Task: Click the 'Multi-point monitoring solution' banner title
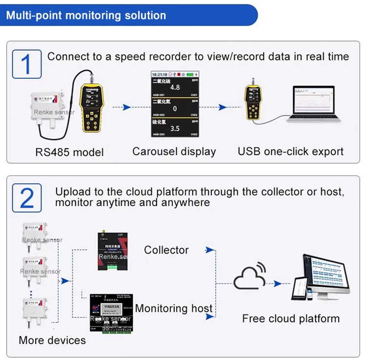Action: pos(86,15)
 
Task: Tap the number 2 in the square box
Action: pos(27,198)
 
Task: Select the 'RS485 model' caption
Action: pos(69,152)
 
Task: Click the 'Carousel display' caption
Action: pos(174,151)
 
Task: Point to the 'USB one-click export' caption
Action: pos(291,151)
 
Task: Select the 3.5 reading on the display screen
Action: pos(175,129)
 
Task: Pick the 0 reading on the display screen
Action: pos(175,109)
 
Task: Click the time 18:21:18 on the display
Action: pos(161,74)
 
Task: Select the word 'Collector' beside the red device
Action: pos(166,250)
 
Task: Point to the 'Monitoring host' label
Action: pos(174,308)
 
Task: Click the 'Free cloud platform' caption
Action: pos(291,319)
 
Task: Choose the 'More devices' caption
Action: pos(52,340)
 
